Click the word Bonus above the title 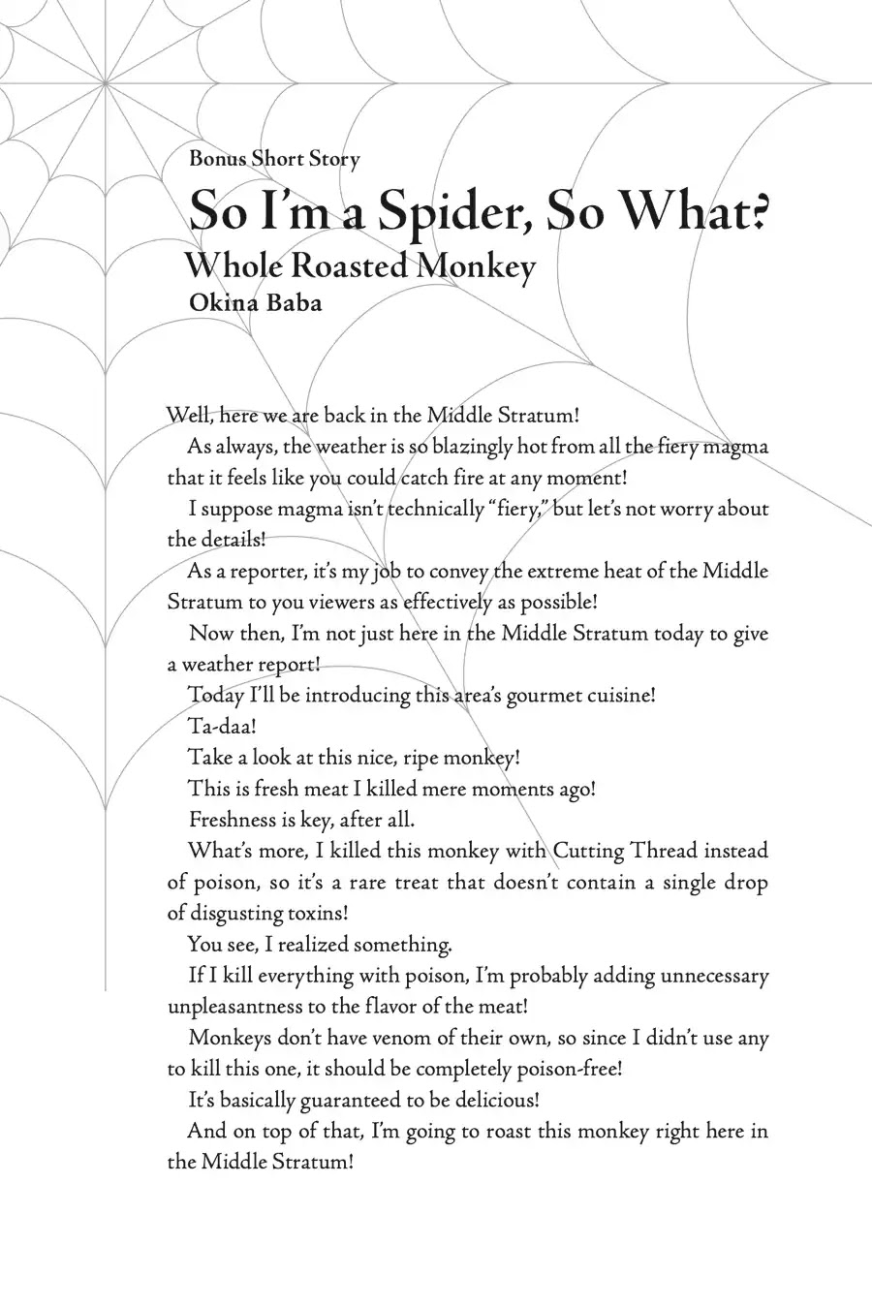coord(218,159)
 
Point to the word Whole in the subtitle coord(233,265)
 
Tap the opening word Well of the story coord(190,416)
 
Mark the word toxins coord(317,913)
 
